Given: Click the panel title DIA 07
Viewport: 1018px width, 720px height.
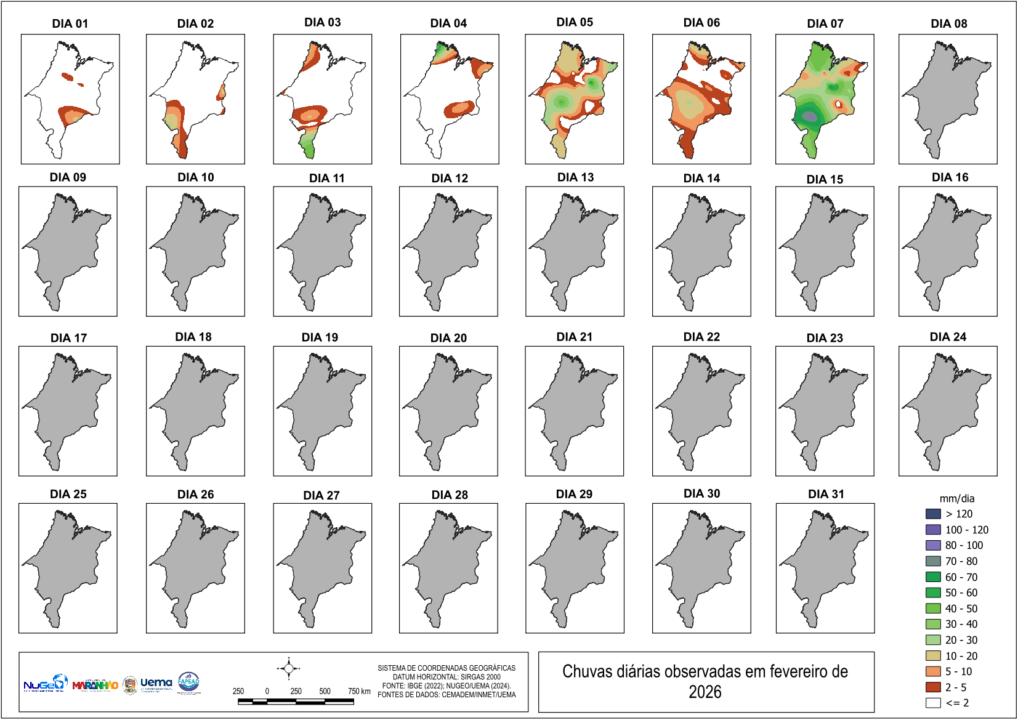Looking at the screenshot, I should point(825,23).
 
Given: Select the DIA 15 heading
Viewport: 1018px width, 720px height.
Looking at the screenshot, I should point(825,179).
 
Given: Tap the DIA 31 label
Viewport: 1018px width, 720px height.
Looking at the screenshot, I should point(826,494).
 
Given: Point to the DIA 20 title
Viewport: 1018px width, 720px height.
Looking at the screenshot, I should point(448,338).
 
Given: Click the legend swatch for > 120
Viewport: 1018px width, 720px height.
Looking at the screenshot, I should point(933,514).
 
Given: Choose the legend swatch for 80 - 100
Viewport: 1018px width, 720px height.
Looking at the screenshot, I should point(933,545).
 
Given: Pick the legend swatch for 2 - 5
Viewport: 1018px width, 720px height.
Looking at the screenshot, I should point(933,687).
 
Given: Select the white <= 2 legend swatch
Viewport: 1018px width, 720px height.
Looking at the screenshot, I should point(933,703).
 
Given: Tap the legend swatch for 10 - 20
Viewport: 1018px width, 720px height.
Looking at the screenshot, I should point(933,655).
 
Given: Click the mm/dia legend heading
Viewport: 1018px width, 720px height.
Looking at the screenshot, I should point(956,498).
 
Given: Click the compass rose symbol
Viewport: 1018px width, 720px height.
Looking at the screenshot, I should point(289,668).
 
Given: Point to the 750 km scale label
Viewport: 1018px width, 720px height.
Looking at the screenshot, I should point(359,691).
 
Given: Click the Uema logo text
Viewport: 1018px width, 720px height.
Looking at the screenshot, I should point(156,682).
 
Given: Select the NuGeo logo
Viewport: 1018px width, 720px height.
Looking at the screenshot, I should point(44,684).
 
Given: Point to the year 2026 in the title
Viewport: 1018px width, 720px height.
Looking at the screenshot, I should point(705,692).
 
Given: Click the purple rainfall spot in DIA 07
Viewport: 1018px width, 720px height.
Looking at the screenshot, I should point(810,116).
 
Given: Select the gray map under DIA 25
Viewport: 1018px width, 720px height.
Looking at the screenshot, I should point(64,567).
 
